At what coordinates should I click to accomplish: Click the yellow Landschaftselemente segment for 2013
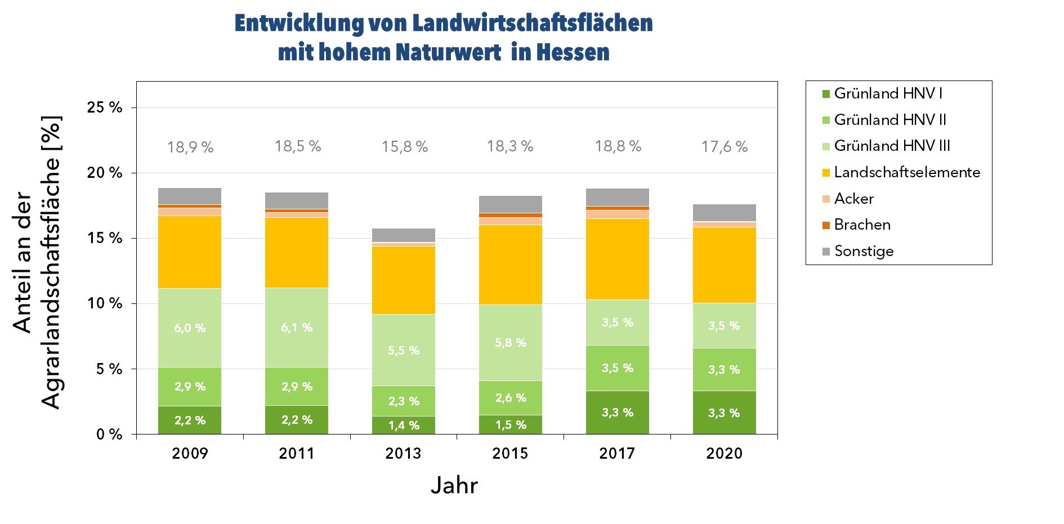click(404, 280)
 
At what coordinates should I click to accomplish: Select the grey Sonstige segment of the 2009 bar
click(190, 196)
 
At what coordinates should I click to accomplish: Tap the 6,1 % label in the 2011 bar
click(297, 328)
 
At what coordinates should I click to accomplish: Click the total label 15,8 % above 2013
click(405, 147)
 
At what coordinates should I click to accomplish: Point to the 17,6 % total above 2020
click(725, 147)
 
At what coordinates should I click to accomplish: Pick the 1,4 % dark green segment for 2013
click(404, 426)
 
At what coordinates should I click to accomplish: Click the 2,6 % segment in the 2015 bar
click(511, 398)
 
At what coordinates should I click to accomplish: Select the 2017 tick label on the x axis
click(617, 453)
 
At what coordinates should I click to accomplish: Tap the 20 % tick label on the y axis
click(105, 173)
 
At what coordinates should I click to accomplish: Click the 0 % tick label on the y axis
click(109, 434)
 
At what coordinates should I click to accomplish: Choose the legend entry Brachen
click(862, 225)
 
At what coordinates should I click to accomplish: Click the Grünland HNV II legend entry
click(889, 119)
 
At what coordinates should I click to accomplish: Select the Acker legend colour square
click(826, 199)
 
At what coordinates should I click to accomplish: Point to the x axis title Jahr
click(454, 485)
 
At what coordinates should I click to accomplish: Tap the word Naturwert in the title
click(448, 52)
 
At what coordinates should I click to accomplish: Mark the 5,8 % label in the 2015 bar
click(511, 343)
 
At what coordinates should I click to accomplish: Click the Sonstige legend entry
click(864, 251)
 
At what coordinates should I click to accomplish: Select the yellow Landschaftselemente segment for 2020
click(725, 265)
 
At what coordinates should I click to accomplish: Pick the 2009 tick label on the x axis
click(190, 453)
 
